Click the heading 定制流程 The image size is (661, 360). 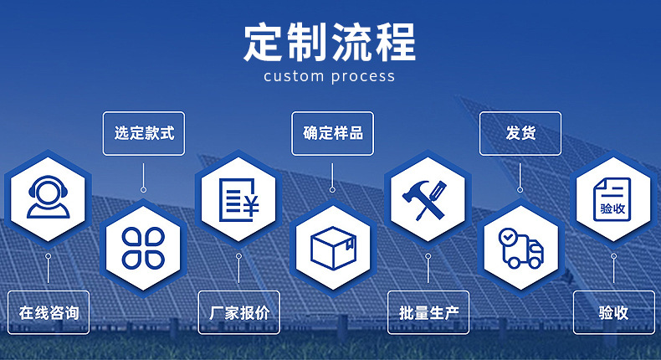(329, 42)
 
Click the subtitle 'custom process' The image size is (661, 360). (329, 76)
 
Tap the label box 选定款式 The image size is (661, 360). (144, 133)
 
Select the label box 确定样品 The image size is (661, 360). (333, 133)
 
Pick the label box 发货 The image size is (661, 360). (520, 133)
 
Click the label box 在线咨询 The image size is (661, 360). (49, 312)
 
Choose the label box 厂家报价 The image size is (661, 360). (238, 312)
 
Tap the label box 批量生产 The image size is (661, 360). (428, 312)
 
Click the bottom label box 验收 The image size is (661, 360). (613, 312)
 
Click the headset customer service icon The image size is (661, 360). (47, 198)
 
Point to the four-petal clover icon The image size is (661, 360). (143, 248)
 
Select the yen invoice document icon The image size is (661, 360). (238, 198)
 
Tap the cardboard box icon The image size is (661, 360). (333, 248)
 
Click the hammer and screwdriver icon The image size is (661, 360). (427, 199)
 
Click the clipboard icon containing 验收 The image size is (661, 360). (613, 199)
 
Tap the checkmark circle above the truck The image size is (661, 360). (508, 238)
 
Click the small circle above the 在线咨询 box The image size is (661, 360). (49, 255)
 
